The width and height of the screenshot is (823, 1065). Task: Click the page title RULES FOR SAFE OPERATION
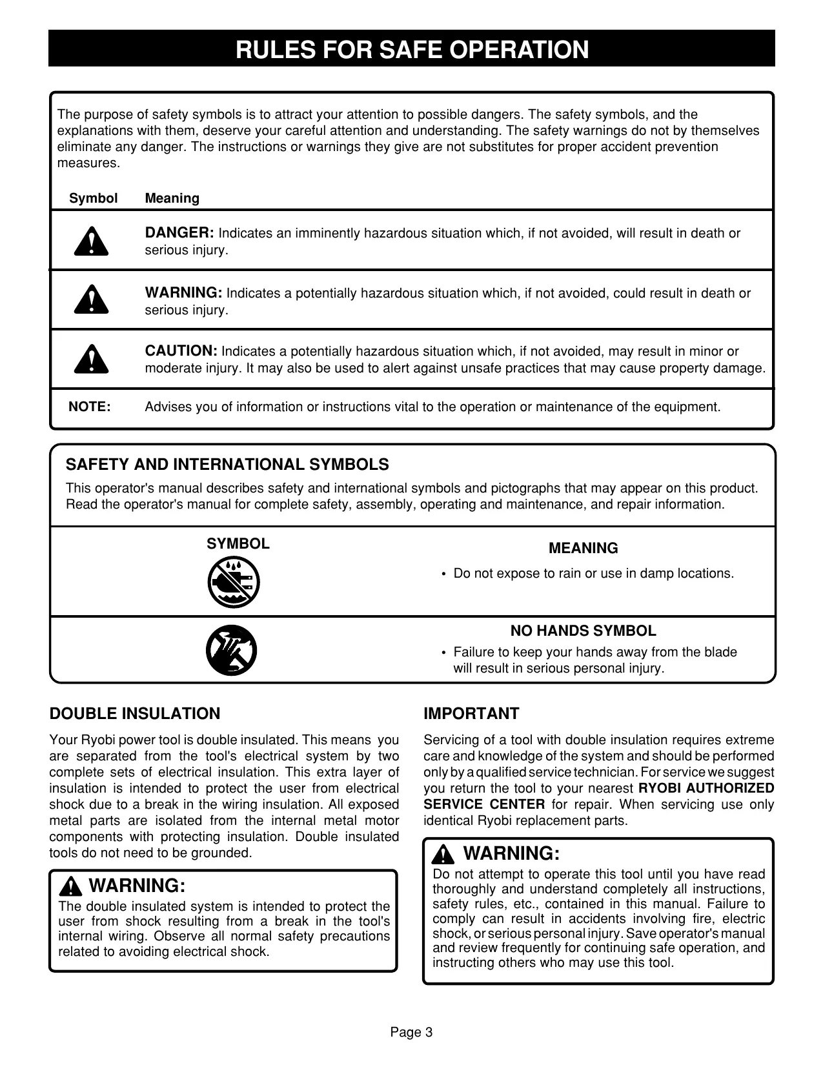click(x=412, y=50)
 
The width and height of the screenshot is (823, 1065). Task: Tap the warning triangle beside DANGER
click(x=91, y=241)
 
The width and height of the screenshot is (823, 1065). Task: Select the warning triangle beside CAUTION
click(x=91, y=360)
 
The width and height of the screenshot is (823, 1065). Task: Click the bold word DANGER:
click(x=179, y=233)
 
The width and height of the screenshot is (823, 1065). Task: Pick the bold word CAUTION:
click(x=181, y=351)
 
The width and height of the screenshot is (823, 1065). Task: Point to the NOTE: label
click(x=90, y=407)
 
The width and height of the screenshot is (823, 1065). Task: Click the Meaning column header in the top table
click(x=172, y=199)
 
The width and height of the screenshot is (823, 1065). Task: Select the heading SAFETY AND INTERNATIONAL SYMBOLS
click(x=227, y=465)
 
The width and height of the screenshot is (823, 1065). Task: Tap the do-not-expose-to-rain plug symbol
click(x=234, y=582)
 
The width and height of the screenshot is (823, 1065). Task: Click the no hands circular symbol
click(x=231, y=651)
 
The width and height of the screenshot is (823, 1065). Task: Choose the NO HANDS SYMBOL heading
click(x=583, y=631)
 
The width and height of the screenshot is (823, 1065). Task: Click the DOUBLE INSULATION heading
click(x=135, y=714)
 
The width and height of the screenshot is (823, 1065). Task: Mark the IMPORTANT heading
click(x=471, y=714)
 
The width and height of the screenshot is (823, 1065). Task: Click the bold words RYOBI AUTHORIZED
click(x=706, y=788)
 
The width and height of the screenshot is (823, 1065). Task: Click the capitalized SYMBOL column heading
click(x=238, y=544)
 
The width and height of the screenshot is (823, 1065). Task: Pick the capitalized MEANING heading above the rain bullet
click(x=583, y=549)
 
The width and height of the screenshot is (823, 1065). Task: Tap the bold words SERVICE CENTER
click(x=484, y=804)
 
